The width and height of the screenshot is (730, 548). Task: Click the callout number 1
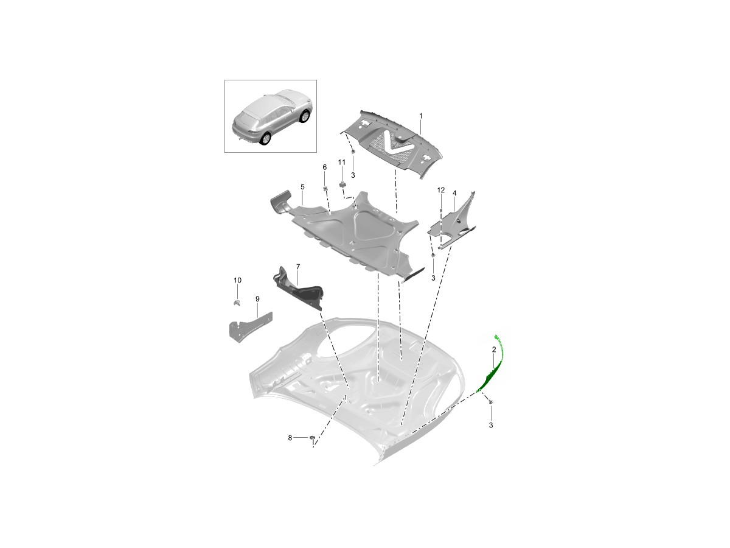(x=421, y=116)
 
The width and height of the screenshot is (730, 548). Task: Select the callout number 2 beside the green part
(x=494, y=350)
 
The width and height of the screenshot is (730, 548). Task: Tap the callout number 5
(x=302, y=187)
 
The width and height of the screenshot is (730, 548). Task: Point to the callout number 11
(x=341, y=162)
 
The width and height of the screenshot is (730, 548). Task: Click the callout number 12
(x=440, y=190)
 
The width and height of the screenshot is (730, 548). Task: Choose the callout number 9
(x=257, y=299)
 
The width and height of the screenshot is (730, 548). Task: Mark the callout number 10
(x=237, y=280)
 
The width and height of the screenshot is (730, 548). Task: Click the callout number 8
(x=290, y=438)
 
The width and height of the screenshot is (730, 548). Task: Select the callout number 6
(x=325, y=167)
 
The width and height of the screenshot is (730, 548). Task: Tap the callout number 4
(x=454, y=193)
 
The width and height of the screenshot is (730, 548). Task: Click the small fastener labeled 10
(x=237, y=302)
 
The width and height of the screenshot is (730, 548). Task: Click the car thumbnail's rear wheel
(x=265, y=139)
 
